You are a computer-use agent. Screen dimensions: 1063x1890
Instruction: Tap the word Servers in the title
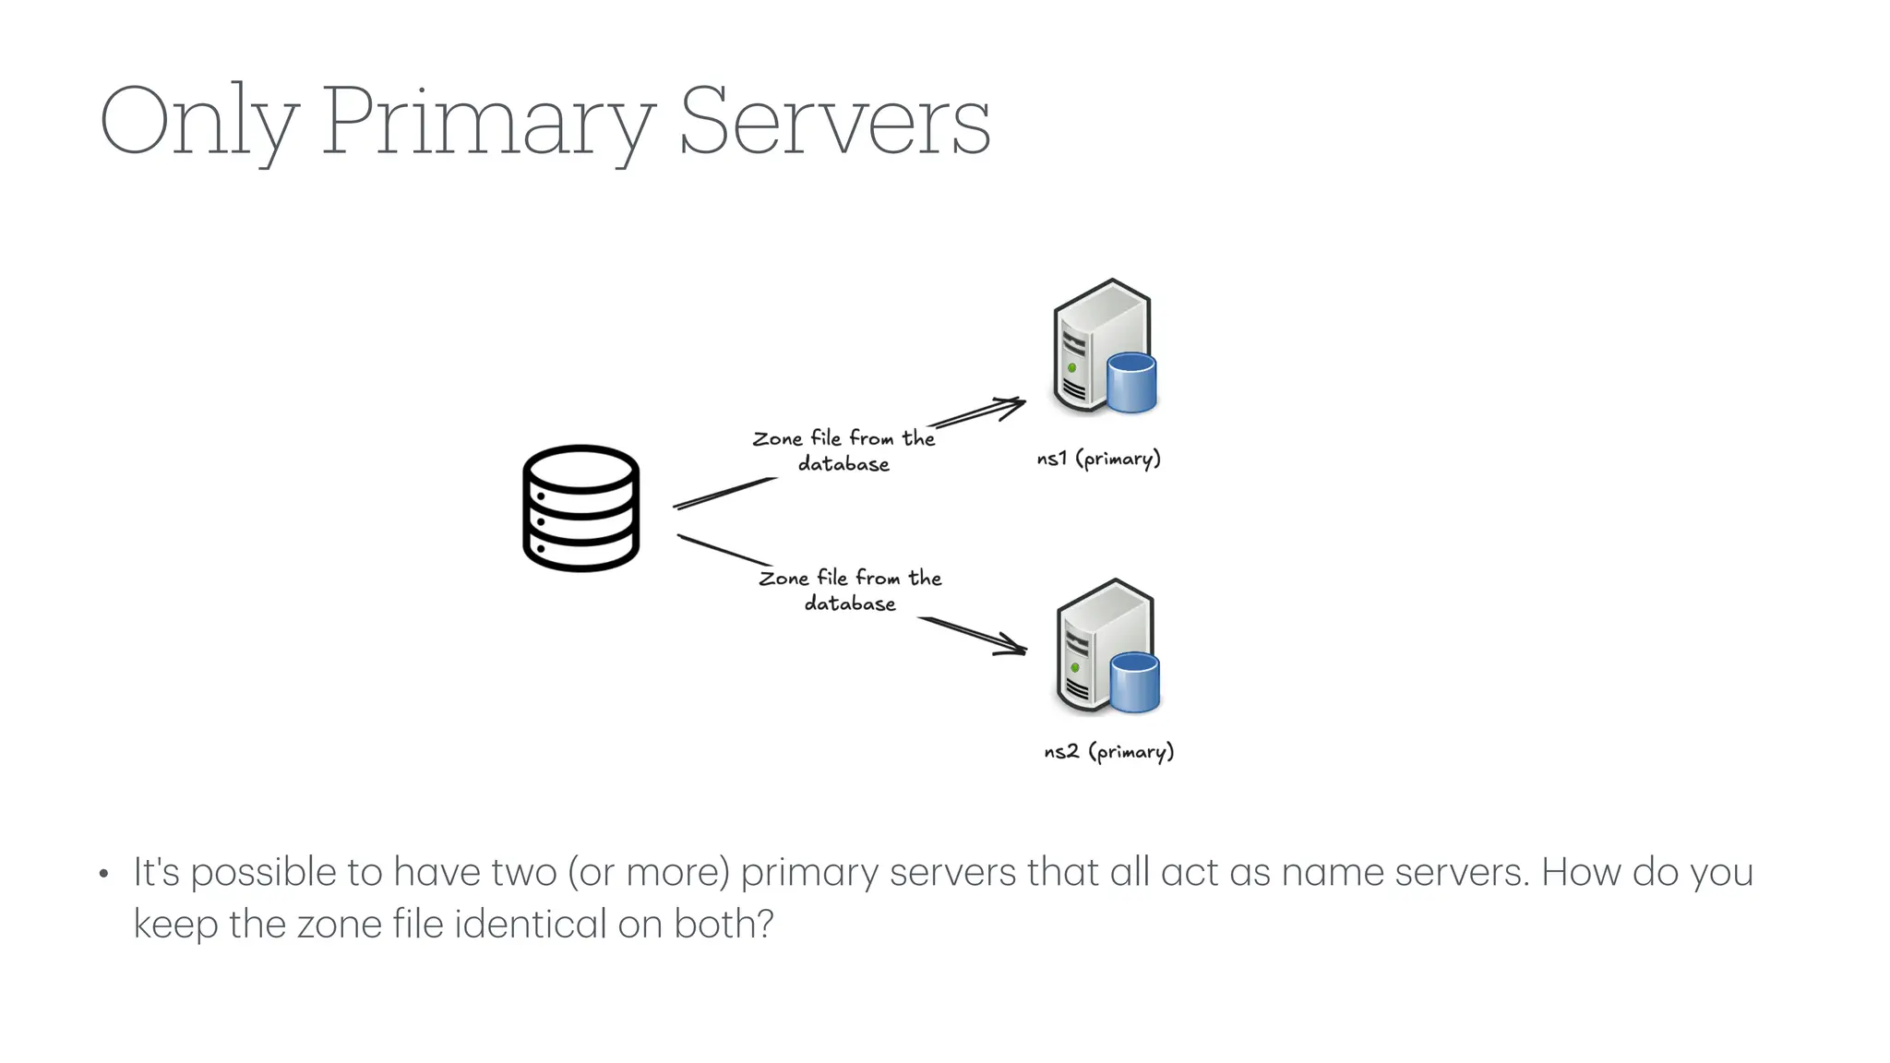pyautogui.click(x=834, y=122)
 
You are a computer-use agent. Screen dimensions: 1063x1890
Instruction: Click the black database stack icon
pyautogui.click(x=580, y=508)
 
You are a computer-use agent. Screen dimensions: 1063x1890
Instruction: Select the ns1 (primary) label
pyautogui.click(x=1098, y=459)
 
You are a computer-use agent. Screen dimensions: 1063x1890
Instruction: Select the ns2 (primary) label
pyautogui.click(x=1108, y=752)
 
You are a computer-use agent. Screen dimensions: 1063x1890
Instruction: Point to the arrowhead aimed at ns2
pyautogui.click(x=1015, y=646)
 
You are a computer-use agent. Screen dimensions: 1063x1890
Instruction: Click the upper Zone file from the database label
pyautogui.click(x=843, y=450)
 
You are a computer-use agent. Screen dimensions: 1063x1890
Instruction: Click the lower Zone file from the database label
pyautogui.click(x=850, y=590)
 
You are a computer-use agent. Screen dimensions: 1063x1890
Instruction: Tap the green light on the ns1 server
pyautogui.click(x=1071, y=367)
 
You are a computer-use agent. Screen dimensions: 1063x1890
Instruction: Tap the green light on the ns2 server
pyautogui.click(x=1075, y=667)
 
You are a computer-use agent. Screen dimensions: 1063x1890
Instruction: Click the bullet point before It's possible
pyautogui.click(x=104, y=874)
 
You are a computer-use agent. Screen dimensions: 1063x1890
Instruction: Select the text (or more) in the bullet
pyautogui.click(x=649, y=872)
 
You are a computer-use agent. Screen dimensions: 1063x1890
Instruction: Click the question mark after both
pyautogui.click(x=764, y=924)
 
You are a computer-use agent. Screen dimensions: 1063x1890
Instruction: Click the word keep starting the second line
pyautogui.click(x=175, y=924)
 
